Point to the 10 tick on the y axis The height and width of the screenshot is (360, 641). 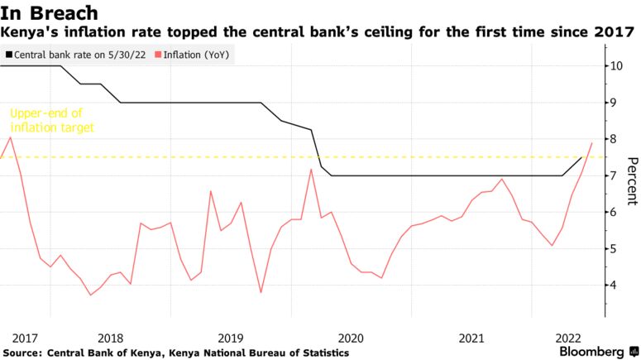(617, 65)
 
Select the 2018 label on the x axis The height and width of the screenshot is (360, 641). (111, 338)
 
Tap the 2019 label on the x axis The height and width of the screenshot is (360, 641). (231, 338)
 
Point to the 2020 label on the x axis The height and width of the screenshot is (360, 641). (352, 338)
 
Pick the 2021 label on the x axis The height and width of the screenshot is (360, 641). (471, 338)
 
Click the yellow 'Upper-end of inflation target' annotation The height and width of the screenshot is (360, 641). (52, 121)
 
